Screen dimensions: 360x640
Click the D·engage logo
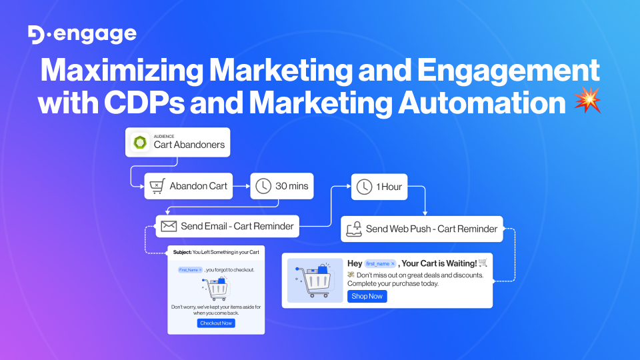(83, 35)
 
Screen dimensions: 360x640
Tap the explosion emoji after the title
(588, 102)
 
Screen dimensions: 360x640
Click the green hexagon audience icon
(141, 143)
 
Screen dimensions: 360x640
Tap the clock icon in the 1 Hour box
(364, 187)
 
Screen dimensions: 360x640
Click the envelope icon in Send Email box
(169, 226)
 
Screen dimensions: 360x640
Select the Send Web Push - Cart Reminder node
(422, 229)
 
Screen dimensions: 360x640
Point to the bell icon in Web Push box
(353, 229)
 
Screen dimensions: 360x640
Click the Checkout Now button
(216, 323)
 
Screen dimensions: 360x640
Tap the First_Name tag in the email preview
(191, 270)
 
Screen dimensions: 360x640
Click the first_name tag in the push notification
(381, 263)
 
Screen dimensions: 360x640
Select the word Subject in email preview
(181, 253)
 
